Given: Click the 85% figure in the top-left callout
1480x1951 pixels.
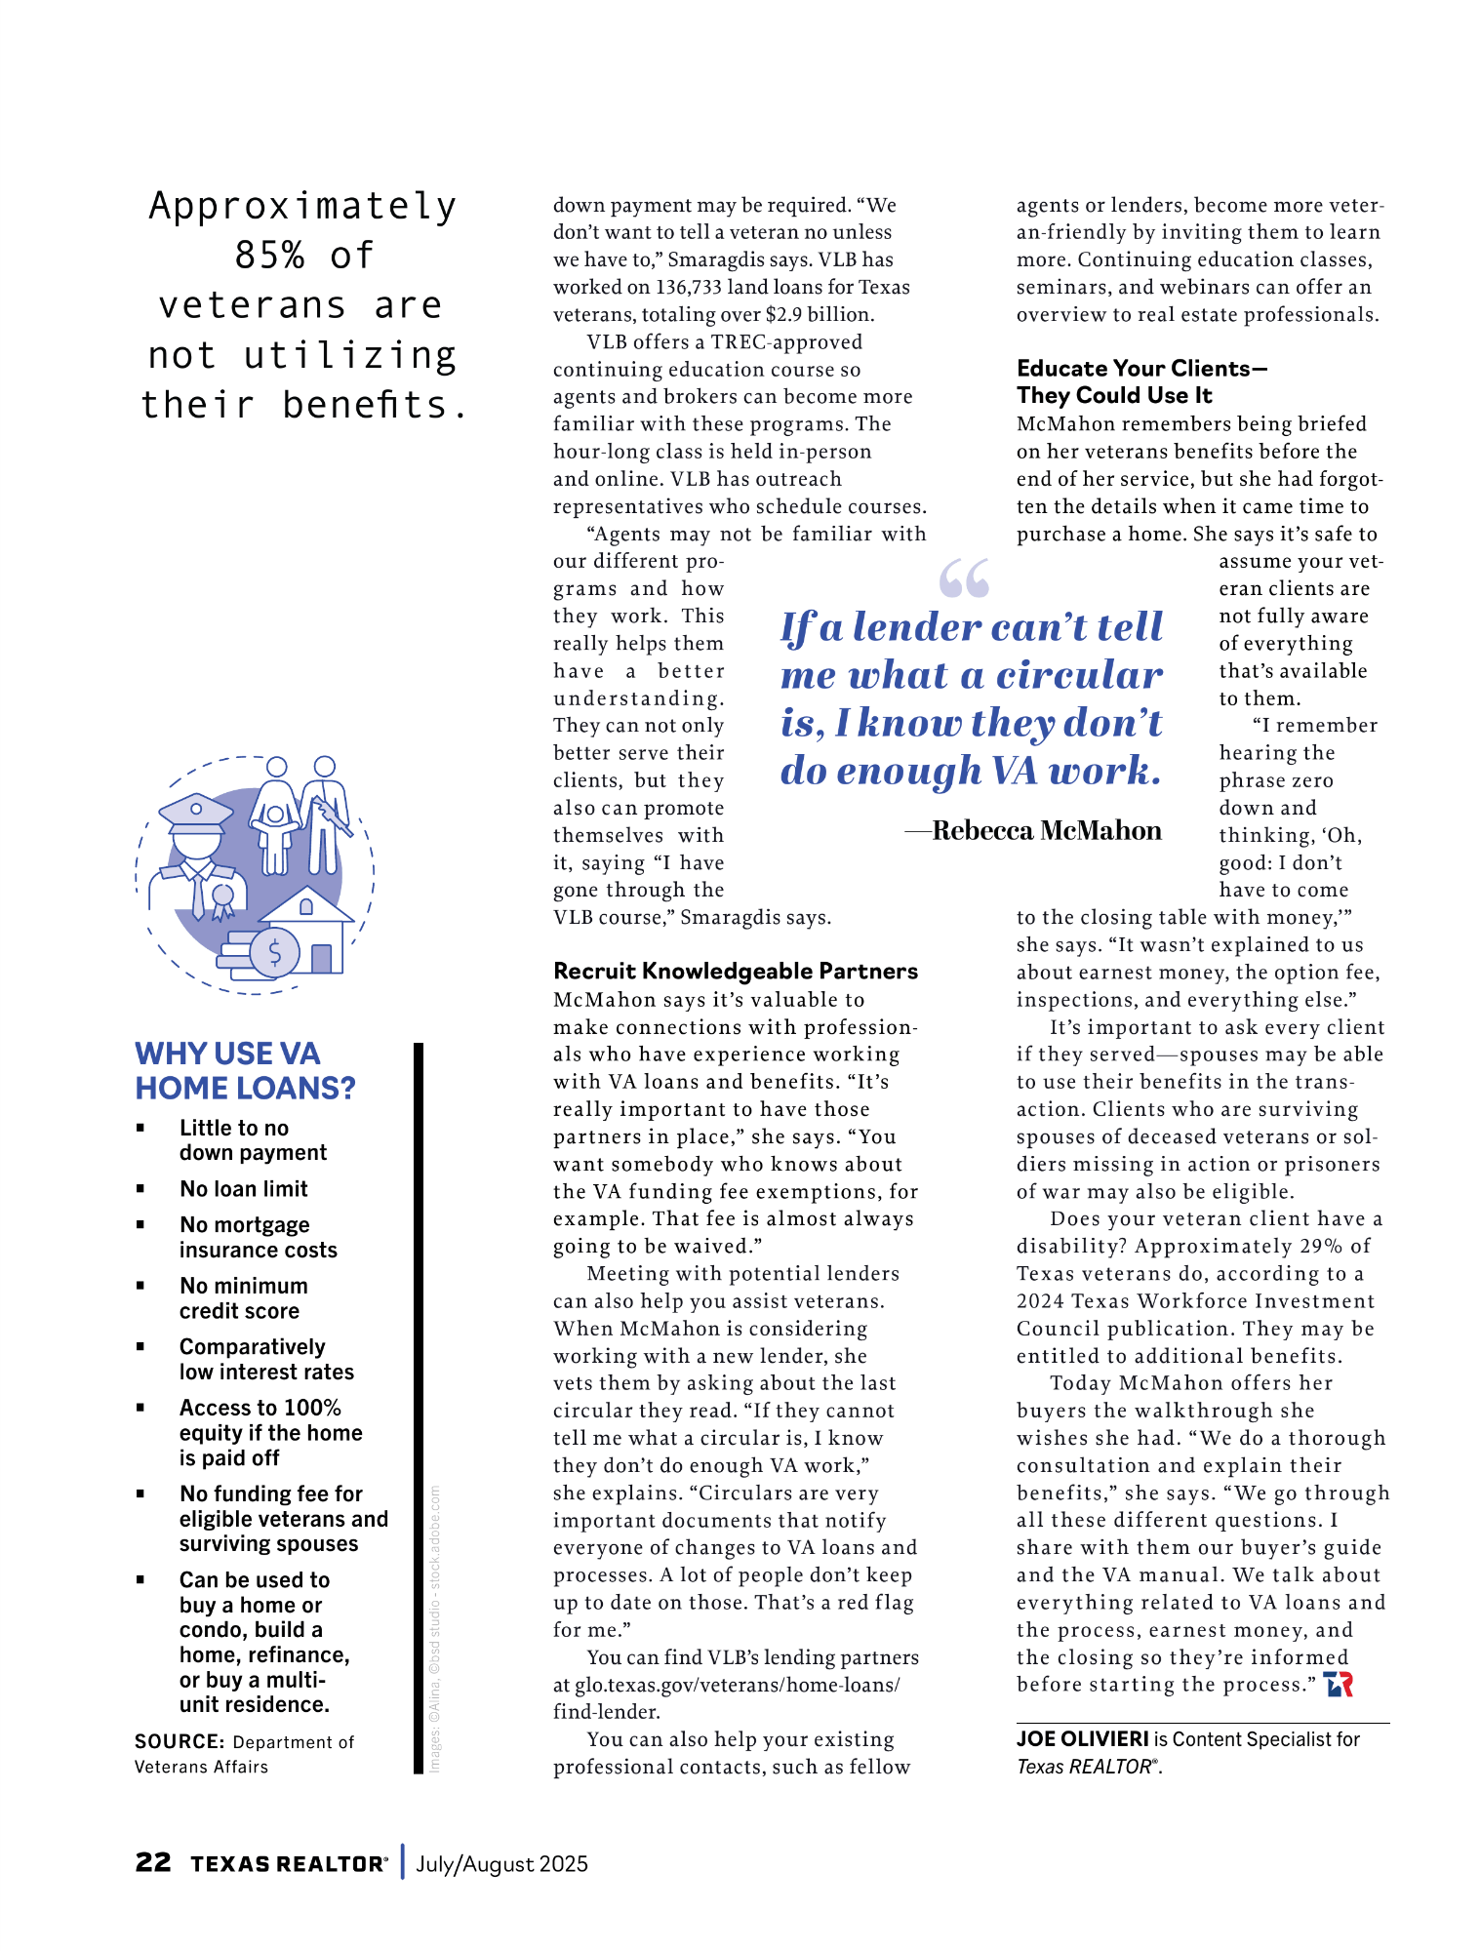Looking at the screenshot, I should tap(269, 256).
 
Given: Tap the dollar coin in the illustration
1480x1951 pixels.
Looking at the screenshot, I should tap(274, 952).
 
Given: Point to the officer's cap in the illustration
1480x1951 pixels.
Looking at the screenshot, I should tap(196, 811).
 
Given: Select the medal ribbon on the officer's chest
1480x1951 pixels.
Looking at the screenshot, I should tap(224, 901).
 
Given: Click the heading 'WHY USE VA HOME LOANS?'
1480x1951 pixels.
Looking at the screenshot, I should tap(245, 1070).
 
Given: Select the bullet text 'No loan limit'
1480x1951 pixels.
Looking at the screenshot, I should tap(244, 1188).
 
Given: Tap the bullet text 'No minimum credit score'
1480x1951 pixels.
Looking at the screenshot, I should tap(243, 1298).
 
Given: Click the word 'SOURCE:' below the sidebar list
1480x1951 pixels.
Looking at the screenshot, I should tap(180, 1741).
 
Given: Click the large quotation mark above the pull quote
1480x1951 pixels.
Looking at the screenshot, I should tap(963, 578).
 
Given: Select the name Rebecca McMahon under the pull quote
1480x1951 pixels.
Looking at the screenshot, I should tap(1046, 830).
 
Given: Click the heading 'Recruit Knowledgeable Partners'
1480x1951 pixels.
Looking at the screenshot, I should tap(736, 971).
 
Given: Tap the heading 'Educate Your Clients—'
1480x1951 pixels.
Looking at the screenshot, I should tap(1141, 368).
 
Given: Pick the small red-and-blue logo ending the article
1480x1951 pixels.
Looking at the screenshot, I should tap(1339, 1685).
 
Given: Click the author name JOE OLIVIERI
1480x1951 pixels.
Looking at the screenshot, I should tap(1082, 1738).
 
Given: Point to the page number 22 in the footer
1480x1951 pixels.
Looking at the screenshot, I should tap(153, 1862).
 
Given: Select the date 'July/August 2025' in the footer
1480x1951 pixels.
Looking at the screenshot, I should tap(501, 1863).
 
